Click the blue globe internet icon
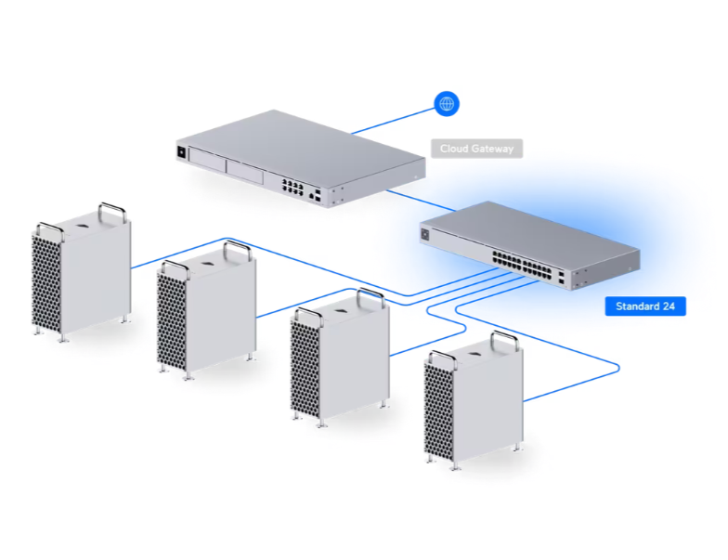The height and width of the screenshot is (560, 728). (447, 103)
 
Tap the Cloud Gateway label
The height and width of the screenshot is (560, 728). (476, 149)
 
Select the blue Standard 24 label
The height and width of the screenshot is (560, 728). (645, 306)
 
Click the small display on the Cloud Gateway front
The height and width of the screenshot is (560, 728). (182, 150)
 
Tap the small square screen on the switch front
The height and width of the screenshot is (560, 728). (427, 235)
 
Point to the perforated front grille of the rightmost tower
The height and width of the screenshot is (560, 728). (438, 410)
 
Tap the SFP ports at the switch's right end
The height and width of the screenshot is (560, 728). (562, 276)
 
